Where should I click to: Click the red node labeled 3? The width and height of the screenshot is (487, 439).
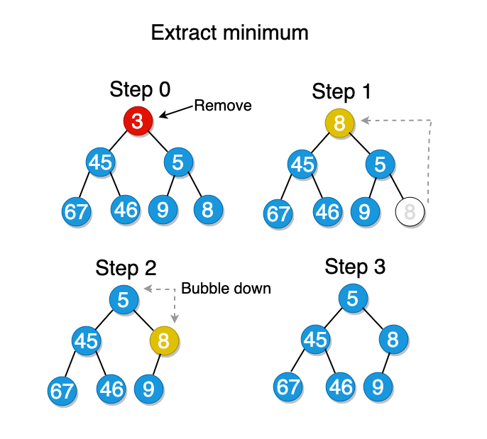[138, 121]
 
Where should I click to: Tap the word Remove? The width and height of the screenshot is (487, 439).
[223, 106]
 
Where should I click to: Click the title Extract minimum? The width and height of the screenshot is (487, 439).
[229, 33]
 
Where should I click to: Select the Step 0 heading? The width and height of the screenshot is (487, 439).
[140, 90]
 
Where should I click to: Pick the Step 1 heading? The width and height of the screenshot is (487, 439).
[342, 91]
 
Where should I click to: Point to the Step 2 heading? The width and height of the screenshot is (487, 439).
[126, 268]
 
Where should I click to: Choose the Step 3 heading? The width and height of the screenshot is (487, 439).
[355, 267]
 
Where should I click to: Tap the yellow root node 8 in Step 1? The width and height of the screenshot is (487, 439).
[339, 123]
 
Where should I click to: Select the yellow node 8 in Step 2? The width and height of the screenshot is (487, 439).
[164, 341]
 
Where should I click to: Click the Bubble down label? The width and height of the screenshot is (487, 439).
[226, 289]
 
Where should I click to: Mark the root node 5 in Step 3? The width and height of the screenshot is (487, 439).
[353, 299]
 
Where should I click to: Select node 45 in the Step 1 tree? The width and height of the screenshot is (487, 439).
[303, 165]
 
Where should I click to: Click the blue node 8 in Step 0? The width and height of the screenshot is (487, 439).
[208, 209]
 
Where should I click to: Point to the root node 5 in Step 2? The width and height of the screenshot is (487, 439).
[124, 300]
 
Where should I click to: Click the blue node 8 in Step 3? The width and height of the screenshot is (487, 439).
[393, 340]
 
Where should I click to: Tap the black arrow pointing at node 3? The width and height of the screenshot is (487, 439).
[177, 111]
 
